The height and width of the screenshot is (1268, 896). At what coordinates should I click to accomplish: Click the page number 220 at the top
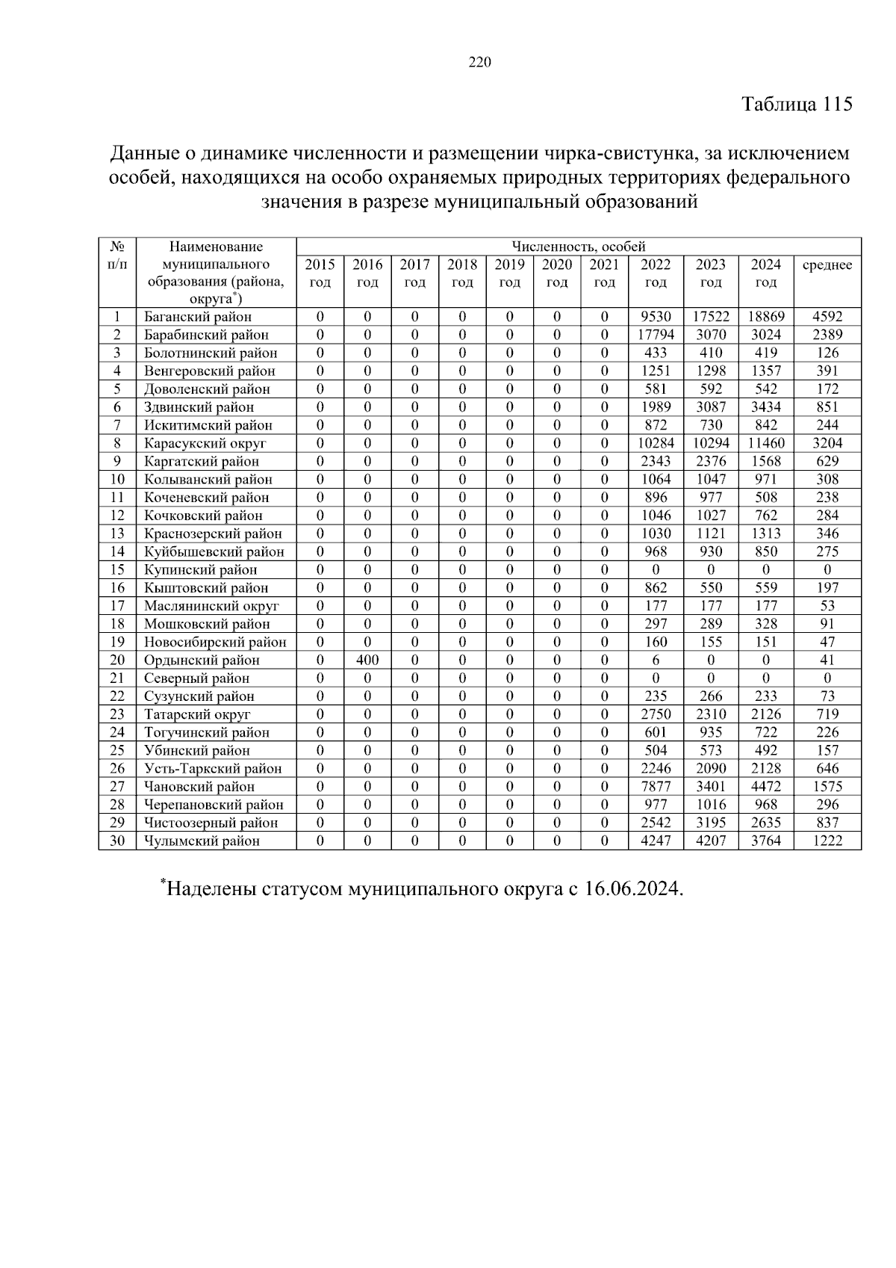click(480, 63)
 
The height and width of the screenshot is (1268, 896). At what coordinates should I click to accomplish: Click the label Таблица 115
click(796, 105)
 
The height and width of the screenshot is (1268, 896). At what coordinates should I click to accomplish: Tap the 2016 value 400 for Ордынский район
click(367, 661)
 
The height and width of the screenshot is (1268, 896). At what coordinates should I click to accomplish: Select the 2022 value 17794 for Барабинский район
click(655, 335)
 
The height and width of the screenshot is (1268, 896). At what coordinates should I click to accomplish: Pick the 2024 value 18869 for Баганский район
click(765, 317)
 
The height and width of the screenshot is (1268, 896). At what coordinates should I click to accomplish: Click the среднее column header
click(827, 265)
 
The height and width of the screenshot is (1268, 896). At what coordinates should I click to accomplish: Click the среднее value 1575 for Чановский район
click(827, 787)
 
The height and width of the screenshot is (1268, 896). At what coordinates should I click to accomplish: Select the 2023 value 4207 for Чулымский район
click(710, 841)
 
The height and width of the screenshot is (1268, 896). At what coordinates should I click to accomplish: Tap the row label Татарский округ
click(197, 714)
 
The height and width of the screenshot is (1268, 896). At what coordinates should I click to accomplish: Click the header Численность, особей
click(578, 247)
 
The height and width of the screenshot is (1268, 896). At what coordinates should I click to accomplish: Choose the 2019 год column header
click(509, 273)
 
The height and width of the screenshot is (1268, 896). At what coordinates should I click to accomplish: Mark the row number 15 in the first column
click(116, 570)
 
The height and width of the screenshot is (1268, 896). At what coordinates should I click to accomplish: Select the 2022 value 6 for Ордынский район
click(655, 661)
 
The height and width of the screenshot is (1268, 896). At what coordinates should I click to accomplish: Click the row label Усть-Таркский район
click(213, 769)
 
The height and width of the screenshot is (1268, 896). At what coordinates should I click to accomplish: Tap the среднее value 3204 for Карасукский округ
click(827, 443)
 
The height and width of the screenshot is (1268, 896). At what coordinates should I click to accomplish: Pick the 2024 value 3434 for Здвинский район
click(765, 407)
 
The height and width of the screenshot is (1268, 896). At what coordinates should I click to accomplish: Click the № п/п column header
click(116, 256)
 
